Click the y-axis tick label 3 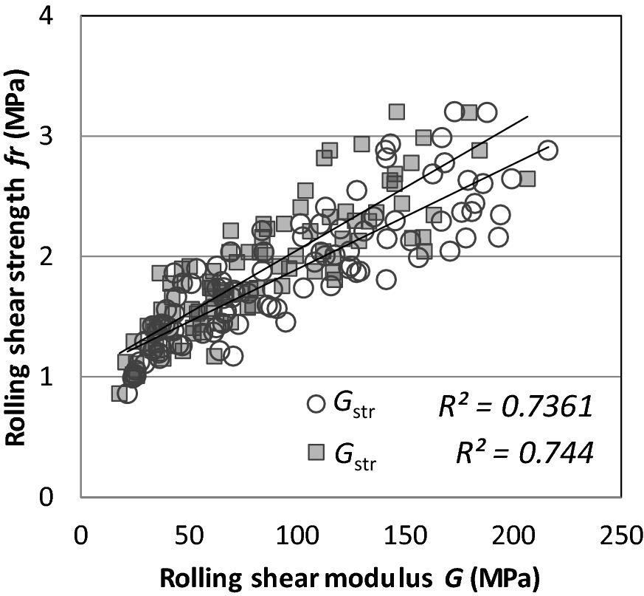58,137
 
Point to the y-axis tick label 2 58,256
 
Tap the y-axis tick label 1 58,377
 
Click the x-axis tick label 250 621,534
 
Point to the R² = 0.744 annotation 524,452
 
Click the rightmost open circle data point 547,150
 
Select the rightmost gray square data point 527,179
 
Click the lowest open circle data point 127,394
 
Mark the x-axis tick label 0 80,534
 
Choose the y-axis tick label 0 58,497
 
